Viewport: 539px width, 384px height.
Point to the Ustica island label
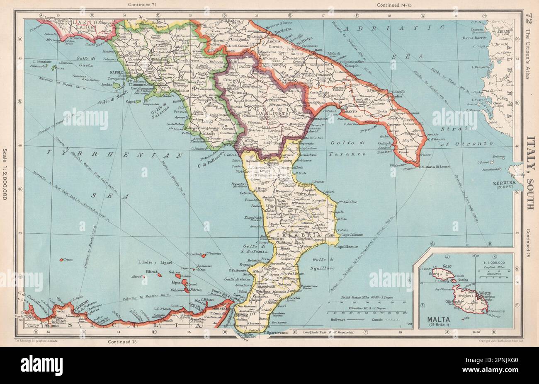(67, 260)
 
